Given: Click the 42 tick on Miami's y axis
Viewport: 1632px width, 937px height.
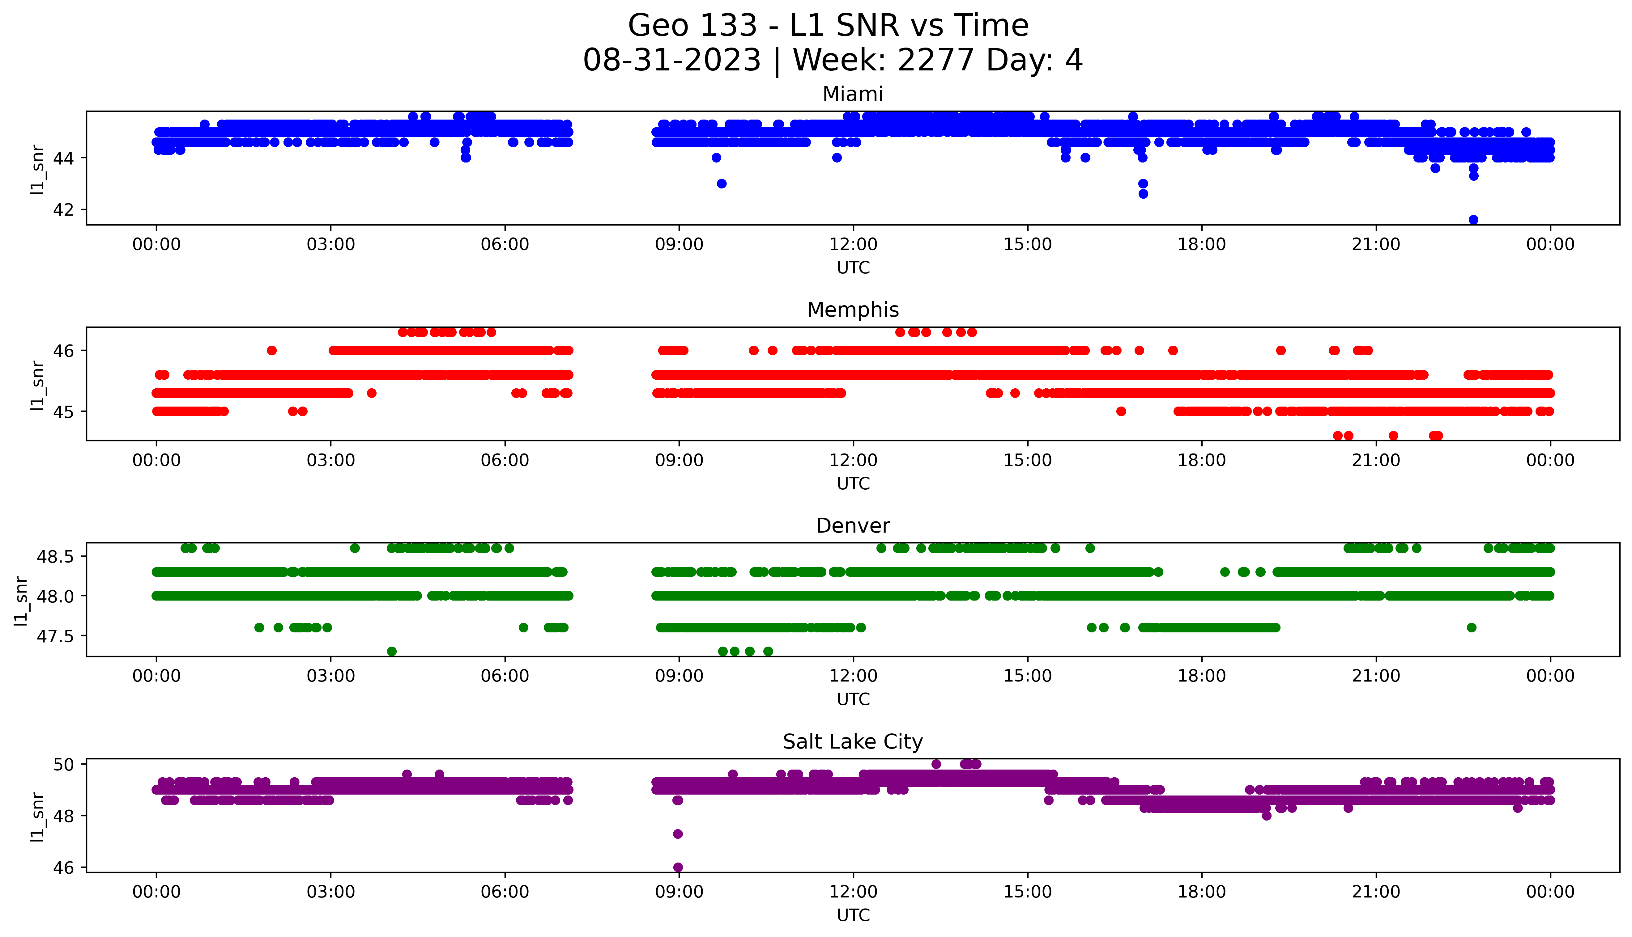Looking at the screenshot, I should [63, 210].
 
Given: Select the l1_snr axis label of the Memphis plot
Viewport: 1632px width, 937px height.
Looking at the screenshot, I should [37, 385].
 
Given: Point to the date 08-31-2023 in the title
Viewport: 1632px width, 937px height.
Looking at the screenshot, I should [671, 61].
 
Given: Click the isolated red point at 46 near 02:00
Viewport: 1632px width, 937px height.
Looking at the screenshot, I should [272, 351].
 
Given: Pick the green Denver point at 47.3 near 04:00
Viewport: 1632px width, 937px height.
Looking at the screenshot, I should [391, 651].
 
